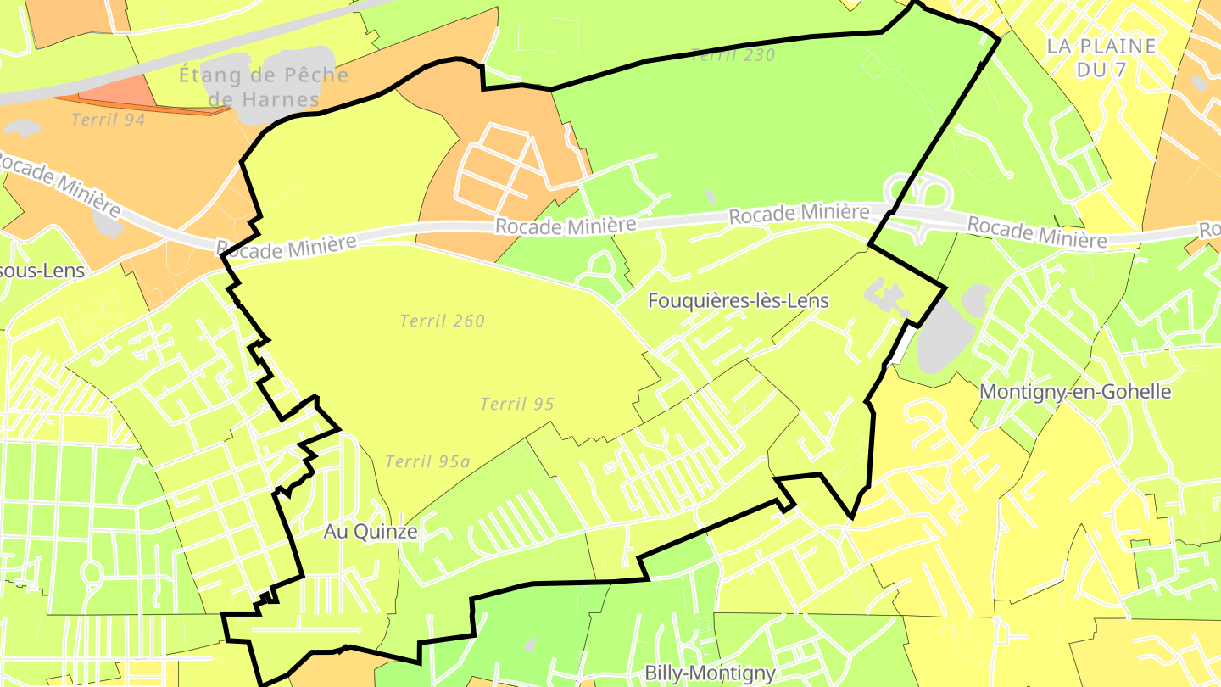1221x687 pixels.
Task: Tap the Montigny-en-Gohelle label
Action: click(x=1075, y=392)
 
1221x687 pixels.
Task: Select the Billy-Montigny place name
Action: click(x=710, y=673)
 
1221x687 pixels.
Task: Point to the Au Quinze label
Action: click(x=371, y=532)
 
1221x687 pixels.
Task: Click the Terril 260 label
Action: click(x=443, y=321)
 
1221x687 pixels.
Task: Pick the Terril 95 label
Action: click(x=517, y=404)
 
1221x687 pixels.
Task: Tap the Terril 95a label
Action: click(x=427, y=461)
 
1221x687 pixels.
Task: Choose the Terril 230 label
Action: click(x=733, y=56)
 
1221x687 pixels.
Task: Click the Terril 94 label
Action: click(x=109, y=120)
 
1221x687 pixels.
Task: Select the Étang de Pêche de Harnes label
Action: click(x=263, y=87)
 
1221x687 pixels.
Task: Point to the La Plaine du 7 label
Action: click(x=1101, y=58)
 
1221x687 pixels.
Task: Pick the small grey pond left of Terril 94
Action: click(x=23, y=128)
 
